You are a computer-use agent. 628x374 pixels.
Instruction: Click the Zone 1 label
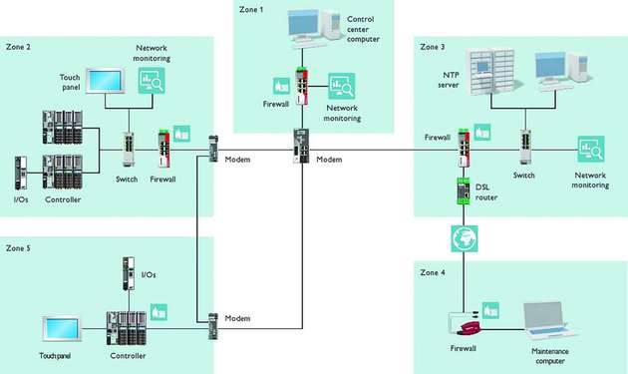tap(251, 9)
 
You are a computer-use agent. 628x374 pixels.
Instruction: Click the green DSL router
tap(463, 189)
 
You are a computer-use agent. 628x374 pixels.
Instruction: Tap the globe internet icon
tap(463, 239)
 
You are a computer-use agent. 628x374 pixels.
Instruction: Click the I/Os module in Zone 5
tap(127, 273)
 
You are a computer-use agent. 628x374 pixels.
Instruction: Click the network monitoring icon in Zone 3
tap(590, 150)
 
